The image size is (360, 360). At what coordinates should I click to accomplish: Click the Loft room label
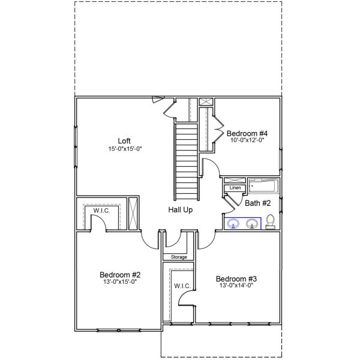(124, 141)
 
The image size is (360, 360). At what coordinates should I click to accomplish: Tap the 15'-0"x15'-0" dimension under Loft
(124, 148)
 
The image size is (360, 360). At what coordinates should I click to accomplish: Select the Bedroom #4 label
(246, 133)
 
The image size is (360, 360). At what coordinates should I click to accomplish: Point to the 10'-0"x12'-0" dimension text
(246, 140)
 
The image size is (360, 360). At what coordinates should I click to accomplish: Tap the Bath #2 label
(257, 203)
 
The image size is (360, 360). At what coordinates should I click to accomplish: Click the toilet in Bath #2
(271, 221)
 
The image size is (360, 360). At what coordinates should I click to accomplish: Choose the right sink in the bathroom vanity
(252, 224)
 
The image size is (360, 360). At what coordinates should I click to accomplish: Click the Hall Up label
(180, 210)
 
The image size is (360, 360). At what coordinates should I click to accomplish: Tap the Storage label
(179, 257)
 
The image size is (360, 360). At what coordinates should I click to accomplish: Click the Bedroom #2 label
(119, 275)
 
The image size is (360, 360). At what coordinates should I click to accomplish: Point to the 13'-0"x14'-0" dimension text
(236, 286)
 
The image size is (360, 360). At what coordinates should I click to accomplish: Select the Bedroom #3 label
(236, 278)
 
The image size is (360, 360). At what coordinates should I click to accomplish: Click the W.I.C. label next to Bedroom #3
(182, 286)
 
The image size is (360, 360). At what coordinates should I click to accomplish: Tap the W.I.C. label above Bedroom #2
(101, 211)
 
